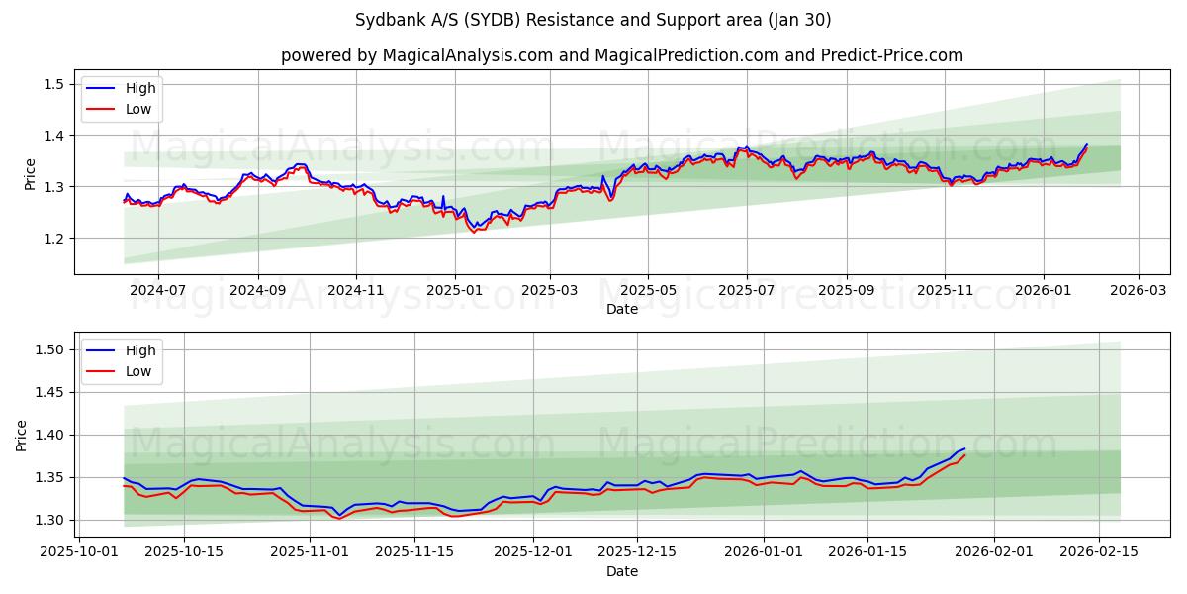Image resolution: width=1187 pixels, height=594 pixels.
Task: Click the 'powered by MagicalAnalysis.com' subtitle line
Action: coord(621,55)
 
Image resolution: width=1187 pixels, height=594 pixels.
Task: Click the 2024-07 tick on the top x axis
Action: coord(158,291)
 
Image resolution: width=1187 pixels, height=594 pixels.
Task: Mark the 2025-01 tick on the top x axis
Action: coord(455,291)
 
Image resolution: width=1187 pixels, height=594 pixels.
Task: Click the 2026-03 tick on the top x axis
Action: coord(1138,291)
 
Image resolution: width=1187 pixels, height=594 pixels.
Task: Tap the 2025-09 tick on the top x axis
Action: coord(846,291)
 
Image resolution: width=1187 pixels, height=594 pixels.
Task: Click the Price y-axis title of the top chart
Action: coord(30,174)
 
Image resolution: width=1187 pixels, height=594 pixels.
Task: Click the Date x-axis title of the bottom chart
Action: coord(621,571)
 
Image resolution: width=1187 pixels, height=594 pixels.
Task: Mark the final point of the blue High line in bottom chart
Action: coord(964,448)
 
